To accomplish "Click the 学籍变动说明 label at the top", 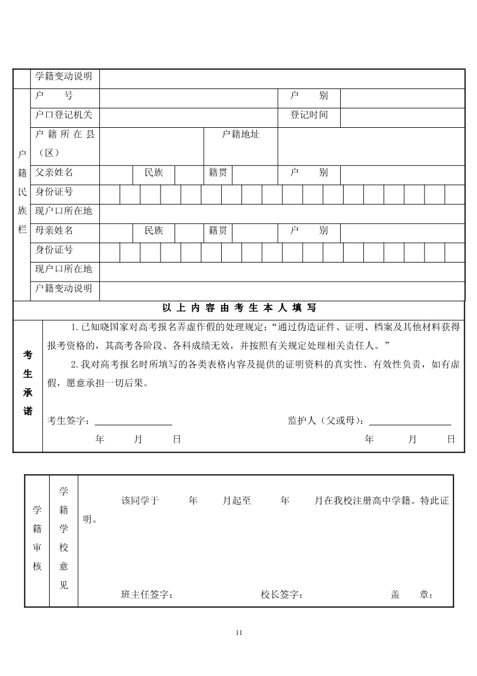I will coord(64,76).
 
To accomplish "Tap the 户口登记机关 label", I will coord(64,114).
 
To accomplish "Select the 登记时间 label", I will coord(309,114).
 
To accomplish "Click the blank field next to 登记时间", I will coord(402,117).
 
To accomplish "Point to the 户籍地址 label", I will coord(241,135).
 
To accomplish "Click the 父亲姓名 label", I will coord(54,172).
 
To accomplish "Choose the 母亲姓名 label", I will coord(54,230).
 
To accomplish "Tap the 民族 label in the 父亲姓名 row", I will coord(154,172).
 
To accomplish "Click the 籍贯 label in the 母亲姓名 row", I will coord(218,230).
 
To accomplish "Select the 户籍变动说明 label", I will coord(64,288).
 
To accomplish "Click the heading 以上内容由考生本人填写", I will coord(239,308).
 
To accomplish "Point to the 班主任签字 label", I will coord(147,594).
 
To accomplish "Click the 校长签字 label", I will coord(282,594).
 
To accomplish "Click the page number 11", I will coord(239,632).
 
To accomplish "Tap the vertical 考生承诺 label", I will coord(28,383).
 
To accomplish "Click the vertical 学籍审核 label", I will coord(37,538).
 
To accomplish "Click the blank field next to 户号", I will coord(187,98).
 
